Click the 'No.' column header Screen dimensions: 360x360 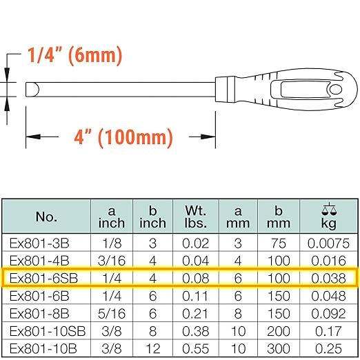[x=46, y=217]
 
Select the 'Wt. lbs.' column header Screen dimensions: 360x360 [x=197, y=217]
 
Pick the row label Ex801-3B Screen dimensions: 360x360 [x=46, y=244]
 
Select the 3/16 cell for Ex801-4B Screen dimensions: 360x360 [x=111, y=261]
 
